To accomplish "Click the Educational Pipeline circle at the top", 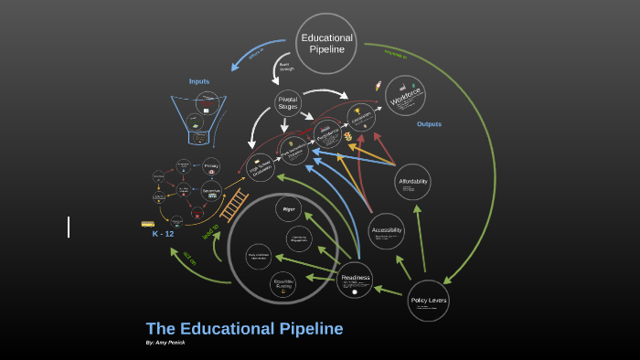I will click(326, 43).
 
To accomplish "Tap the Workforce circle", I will click(405, 95).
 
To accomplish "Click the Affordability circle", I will click(413, 181).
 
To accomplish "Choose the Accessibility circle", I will click(387, 231).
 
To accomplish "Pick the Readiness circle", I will click(355, 279).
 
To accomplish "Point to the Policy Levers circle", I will click(428, 300).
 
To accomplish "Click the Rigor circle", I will click(288, 208).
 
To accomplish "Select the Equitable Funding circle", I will click(283, 284).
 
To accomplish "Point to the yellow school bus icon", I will click(148, 223).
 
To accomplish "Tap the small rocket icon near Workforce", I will click(378, 87).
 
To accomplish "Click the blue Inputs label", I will click(199, 81).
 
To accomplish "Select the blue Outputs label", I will click(429, 123).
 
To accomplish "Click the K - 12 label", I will click(163, 234).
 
